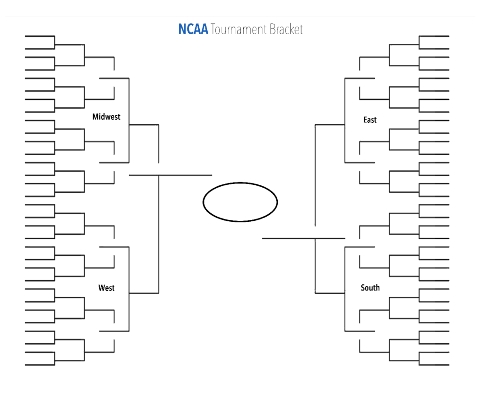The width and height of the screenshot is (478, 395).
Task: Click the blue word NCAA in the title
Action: click(x=193, y=29)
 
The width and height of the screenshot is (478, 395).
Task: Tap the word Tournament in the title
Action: click(x=239, y=29)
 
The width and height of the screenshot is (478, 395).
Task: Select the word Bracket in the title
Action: click(x=286, y=29)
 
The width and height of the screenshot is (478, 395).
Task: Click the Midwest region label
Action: click(x=106, y=117)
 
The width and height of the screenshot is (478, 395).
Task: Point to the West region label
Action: click(x=106, y=288)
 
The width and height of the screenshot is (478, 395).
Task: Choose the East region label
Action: click(x=370, y=120)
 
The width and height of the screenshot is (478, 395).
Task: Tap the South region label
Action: click(x=370, y=288)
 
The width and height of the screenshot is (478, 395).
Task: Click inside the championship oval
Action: click(x=240, y=202)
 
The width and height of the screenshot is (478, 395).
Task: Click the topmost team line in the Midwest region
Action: click(x=40, y=36)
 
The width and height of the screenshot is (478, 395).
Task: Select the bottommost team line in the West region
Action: click(x=40, y=365)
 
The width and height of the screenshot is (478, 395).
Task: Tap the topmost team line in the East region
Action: click(x=434, y=36)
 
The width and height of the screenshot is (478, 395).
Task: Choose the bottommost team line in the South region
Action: click(x=434, y=365)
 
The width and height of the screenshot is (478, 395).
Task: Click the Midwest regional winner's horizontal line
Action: click(x=144, y=125)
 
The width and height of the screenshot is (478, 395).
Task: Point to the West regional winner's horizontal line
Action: click(x=144, y=293)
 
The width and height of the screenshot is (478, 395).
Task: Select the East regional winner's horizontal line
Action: click(x=330, y=125)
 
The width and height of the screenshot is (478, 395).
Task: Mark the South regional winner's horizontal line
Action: click(x=330, y=293)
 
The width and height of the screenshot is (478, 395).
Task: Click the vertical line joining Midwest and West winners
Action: click(x=159, y=233)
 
